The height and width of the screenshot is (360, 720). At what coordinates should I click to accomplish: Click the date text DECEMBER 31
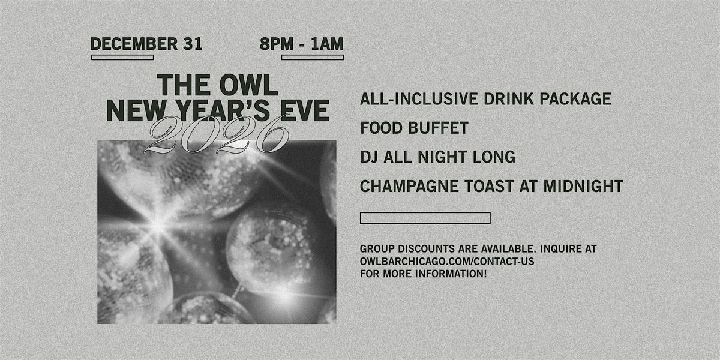pos(146,44)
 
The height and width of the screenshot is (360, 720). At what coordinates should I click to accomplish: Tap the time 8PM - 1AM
pos(302,44)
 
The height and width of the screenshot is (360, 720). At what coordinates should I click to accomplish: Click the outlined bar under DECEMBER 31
pos(122,58)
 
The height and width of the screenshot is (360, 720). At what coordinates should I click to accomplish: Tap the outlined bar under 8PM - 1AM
pos(312,58)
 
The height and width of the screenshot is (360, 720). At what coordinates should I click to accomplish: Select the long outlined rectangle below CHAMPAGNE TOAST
pos(425,218)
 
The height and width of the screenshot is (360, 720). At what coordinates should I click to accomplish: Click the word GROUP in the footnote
pos(376,249)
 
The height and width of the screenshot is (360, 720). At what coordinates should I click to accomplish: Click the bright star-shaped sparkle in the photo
pos(157,225)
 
